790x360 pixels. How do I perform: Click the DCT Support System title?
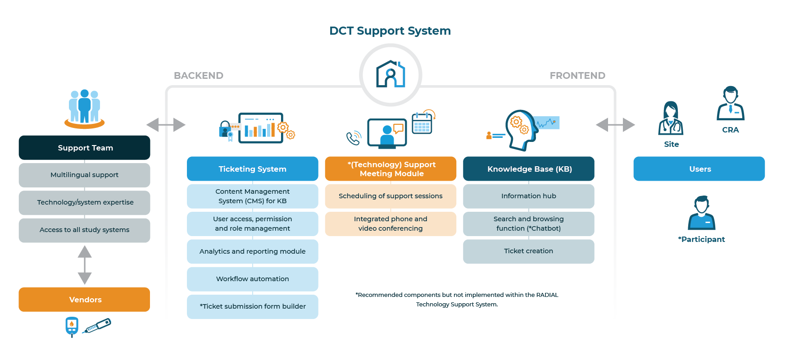point(390,31)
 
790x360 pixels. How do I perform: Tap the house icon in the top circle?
point(390,74)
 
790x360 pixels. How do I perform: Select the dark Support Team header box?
point(85,148)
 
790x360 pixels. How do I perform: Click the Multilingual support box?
point(85,175)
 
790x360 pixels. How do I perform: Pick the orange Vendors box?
point(85,300)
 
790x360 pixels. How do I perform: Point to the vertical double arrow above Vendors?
point(85,265)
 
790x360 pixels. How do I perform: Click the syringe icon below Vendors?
point(97,326)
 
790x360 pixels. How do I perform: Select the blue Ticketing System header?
point(252,169)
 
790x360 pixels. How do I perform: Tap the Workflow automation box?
point(252,279)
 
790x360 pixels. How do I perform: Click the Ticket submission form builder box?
point(252,306)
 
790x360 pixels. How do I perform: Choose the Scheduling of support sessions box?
point(390,196)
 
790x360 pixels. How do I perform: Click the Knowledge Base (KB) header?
point(529,169)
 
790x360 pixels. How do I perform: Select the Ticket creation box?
point(529,251)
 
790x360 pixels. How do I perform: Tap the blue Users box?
point(699,169)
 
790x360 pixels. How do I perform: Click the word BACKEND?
point(199,76)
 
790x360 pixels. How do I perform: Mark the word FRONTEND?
point(577,76)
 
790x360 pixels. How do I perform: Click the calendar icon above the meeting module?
point(422,123)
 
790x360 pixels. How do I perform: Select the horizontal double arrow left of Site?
point(615,125)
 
